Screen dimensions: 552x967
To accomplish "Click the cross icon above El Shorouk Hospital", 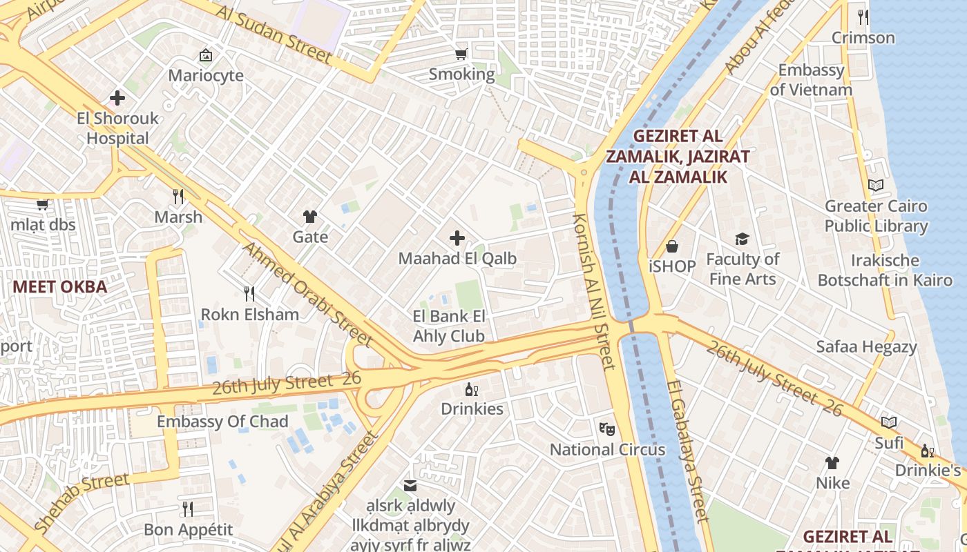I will pos(117,98).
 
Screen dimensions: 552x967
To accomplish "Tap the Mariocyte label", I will pos(206,75).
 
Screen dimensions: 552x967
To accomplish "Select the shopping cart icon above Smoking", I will pos(461,54).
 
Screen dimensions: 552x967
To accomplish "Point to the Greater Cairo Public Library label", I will pos(876,216).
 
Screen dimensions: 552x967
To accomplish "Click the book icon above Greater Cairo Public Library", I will pos(876,185).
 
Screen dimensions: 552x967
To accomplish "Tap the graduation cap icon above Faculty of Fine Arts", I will pos(742,239).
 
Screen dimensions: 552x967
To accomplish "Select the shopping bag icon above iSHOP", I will pos(672,246).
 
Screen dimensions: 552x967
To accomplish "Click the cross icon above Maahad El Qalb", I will pos(457,239).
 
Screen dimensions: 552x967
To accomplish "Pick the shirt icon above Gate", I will pos(310,217).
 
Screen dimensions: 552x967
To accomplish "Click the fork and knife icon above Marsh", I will pos(178,197).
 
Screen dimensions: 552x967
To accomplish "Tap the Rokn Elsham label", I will pos(249,315).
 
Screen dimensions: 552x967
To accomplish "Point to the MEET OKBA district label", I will pos(60,287).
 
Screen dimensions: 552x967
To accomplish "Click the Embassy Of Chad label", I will pos(222,422).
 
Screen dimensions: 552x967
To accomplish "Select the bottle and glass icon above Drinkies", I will pos(472,389).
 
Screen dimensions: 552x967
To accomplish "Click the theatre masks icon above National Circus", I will pos(607,428).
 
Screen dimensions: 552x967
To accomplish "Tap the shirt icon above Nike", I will pos(832,462).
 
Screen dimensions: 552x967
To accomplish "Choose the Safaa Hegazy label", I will pos(866,346).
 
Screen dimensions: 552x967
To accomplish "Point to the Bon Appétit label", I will pos(189,530).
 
